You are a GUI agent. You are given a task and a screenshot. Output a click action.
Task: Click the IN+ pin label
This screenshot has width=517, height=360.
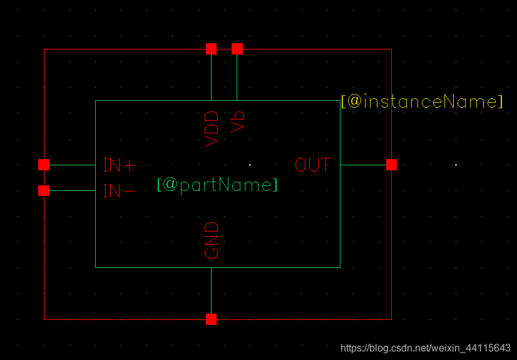pos(119,165)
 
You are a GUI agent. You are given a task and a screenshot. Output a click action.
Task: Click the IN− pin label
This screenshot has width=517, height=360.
pos(119,191)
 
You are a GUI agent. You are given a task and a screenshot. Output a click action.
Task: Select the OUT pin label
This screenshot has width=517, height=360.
pos(312,165)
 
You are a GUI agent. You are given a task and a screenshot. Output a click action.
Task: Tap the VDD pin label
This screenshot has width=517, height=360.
pos(212,128)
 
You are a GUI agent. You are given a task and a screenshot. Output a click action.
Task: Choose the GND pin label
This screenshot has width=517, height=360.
pos(212,240)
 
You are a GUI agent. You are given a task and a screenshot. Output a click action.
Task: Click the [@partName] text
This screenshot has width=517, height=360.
pos(217,185)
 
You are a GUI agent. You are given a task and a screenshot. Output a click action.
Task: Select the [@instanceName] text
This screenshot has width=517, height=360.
pos(422,101)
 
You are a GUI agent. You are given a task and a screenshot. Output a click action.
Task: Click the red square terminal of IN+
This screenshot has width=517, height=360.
pos(44,165)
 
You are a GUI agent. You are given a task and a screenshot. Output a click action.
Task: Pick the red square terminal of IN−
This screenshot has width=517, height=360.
pos(44,190)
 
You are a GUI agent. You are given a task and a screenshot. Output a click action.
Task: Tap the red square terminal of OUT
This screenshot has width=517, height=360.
pos(391,165)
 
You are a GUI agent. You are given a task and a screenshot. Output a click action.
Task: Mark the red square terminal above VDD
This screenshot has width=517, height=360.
pos(212,49)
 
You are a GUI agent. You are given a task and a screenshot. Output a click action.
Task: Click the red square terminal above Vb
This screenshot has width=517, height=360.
pos(237,49)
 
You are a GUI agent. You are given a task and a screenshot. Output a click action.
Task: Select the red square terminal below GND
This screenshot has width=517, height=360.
pos(212,319)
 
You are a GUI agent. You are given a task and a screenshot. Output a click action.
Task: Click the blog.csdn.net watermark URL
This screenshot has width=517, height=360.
pos(425,347)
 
